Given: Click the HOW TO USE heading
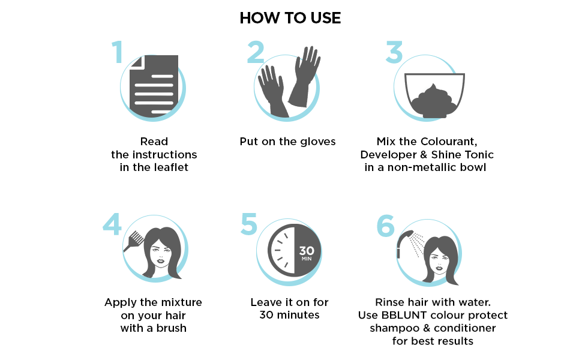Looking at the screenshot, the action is coord(290,18).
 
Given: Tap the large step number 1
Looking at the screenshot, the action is coord(118,52).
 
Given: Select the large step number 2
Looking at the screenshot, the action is coord(256,52).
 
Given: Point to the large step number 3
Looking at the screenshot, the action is coord(394,52).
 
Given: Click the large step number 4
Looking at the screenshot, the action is coord(112,224).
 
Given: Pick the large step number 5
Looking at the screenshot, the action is coord(248,224).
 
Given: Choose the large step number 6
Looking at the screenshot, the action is coord(386,225).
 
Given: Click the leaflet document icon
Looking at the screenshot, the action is coord(154,86).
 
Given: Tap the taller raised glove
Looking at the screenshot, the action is coord(305,76).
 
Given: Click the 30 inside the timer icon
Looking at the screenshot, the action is coord(307,251).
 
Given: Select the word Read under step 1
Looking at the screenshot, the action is coord(154,142).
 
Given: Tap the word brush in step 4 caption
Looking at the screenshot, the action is coord(171,328).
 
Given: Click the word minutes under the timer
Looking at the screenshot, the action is coord(298,315).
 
